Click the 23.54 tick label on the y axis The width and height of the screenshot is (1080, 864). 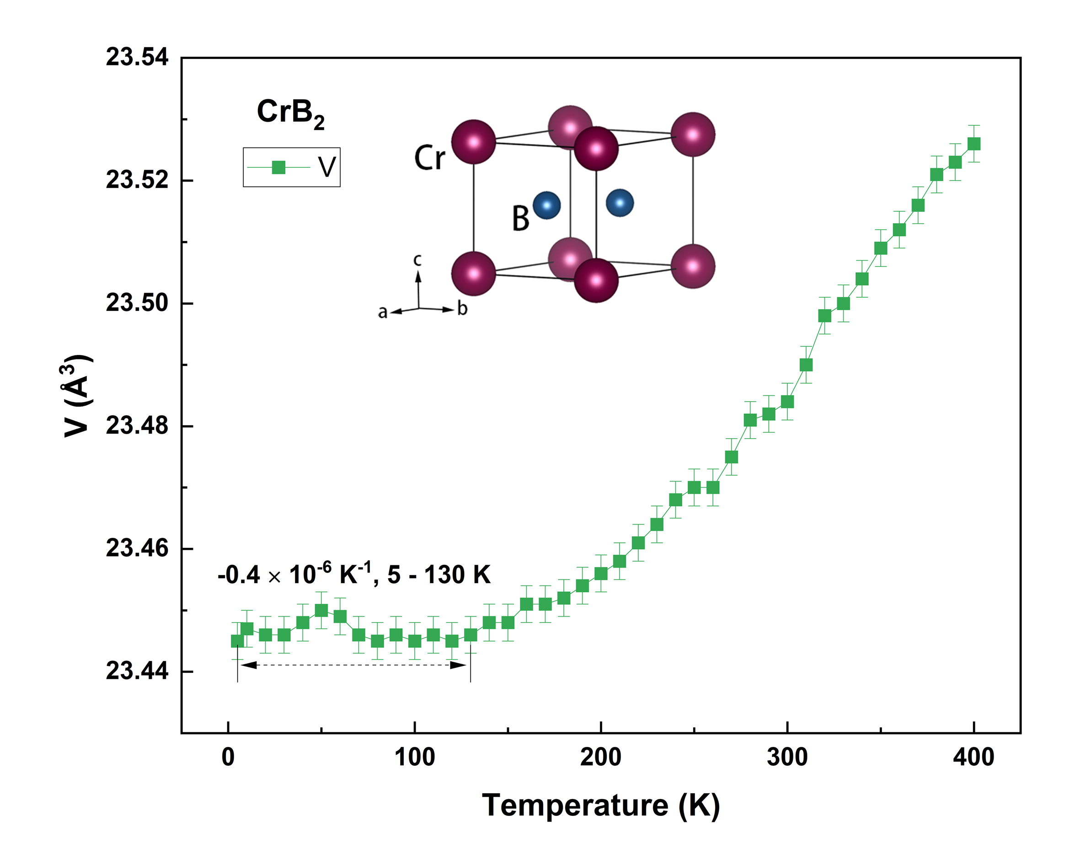pyautogui.click(x=137, y=58)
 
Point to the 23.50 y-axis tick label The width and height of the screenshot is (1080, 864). pyautogui.click(x=137, y=303)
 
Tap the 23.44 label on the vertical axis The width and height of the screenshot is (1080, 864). pyautogui.click(x=137, y=671)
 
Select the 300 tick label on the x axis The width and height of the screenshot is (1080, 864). pyautogui.click(x=787, y=757)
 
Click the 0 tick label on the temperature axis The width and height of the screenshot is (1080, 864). pyautogui.click(x=229, y=757)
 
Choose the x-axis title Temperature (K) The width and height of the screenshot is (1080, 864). pyautogui.click(x=601, y=806)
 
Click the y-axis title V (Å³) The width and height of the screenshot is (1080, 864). pyautogui.click(x=76, y=396)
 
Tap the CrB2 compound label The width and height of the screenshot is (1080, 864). pyautogui.click(x=290, y=113)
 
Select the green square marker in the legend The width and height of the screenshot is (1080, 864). pyautogui.click(x=278, y=167)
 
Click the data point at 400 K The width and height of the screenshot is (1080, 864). pyautogui.click(x=974, y=144)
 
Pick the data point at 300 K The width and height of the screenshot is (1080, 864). pyautogui.click(x=787, y=402)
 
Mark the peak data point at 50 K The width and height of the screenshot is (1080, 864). pyautogui.click(x=321, y=611)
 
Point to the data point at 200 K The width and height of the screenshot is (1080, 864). pyautogui.click(x=601, y=573)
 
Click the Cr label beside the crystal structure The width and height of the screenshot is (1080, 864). pyautogui.click(x=429, y=158)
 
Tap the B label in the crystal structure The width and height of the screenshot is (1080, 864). pyautogui.click(x=520, y=219)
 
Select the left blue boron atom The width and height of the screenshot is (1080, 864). pyautogui.click(x=546, y=205)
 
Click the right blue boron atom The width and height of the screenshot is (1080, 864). pyautogui.click(x=620, y=203)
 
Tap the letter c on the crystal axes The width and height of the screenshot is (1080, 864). pyautogui.click(x=417, y=260)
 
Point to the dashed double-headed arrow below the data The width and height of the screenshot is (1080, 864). pyautogui.click(x=353, y=665)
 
